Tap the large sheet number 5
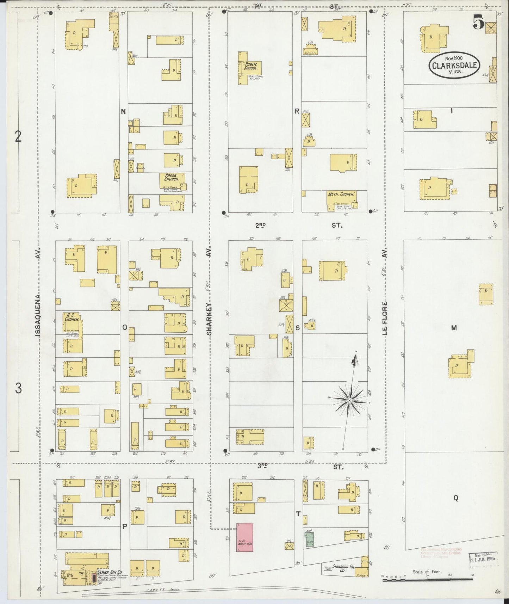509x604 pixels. pyautogui.click(x=478, y=24)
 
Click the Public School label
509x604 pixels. pyautogui.click(x=251, y=66)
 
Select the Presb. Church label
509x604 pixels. pyautogui.click(x=172, y=177)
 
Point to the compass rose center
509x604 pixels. pyautogui.click(x=349, y=401)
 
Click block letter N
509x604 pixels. pyautogui.click(x=123, y=112)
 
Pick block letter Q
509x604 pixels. pyautogui.click(x=455, y=498)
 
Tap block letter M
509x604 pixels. pyautogui.click(x=454, y=328)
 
